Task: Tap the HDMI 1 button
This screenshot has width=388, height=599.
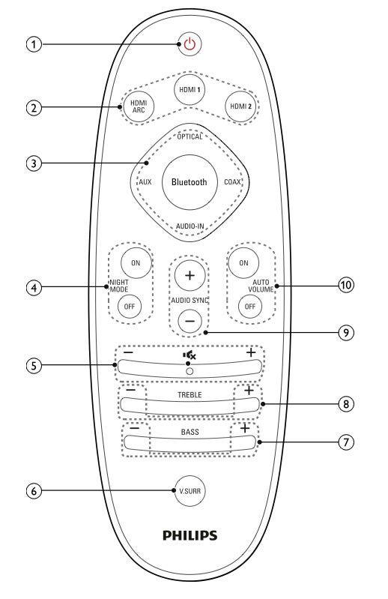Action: pos(190,90)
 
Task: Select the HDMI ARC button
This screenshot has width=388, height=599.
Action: pos(139,106)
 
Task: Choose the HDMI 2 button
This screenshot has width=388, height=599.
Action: pos(240,106)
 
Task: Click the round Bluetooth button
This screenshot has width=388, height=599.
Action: pos(190,182)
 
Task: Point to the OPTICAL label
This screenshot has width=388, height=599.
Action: pos(190,136)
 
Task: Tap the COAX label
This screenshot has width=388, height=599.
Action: pos(232,182)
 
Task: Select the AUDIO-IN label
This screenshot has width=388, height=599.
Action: pos(190,226)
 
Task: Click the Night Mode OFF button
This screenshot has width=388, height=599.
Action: pos(130,307)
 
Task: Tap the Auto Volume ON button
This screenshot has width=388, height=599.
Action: pos(243,263)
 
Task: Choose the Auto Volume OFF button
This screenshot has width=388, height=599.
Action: pos(250,307)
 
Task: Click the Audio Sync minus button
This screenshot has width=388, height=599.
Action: pos(190,322)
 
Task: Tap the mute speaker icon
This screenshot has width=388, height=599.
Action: pos(190,355)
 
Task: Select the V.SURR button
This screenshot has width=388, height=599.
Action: pos(190,491)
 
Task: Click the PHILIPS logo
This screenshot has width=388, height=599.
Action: pos(190,535)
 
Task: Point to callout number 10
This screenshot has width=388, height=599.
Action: pos(346,285)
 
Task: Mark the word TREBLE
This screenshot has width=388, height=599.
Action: pos(190,395)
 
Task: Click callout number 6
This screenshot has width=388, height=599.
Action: pos(34,490)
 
